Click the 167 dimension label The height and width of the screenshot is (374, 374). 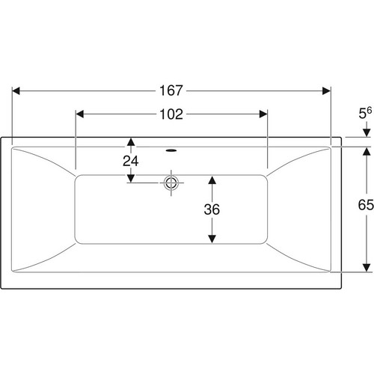click(171, 91)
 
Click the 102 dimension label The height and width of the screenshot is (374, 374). click(171, 114)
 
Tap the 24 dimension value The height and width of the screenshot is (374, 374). click(131, 161)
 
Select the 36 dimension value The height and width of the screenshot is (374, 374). click(212, 209)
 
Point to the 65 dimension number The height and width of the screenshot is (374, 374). click(366, 205)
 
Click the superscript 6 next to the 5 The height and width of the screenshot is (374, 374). click(370, 110)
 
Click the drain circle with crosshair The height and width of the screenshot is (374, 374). click(171, 183)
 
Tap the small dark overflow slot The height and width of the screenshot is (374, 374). click(171, 150)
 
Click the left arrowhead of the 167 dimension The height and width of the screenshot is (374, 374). click(16, 91)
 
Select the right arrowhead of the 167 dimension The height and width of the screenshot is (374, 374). click(326, 91)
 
